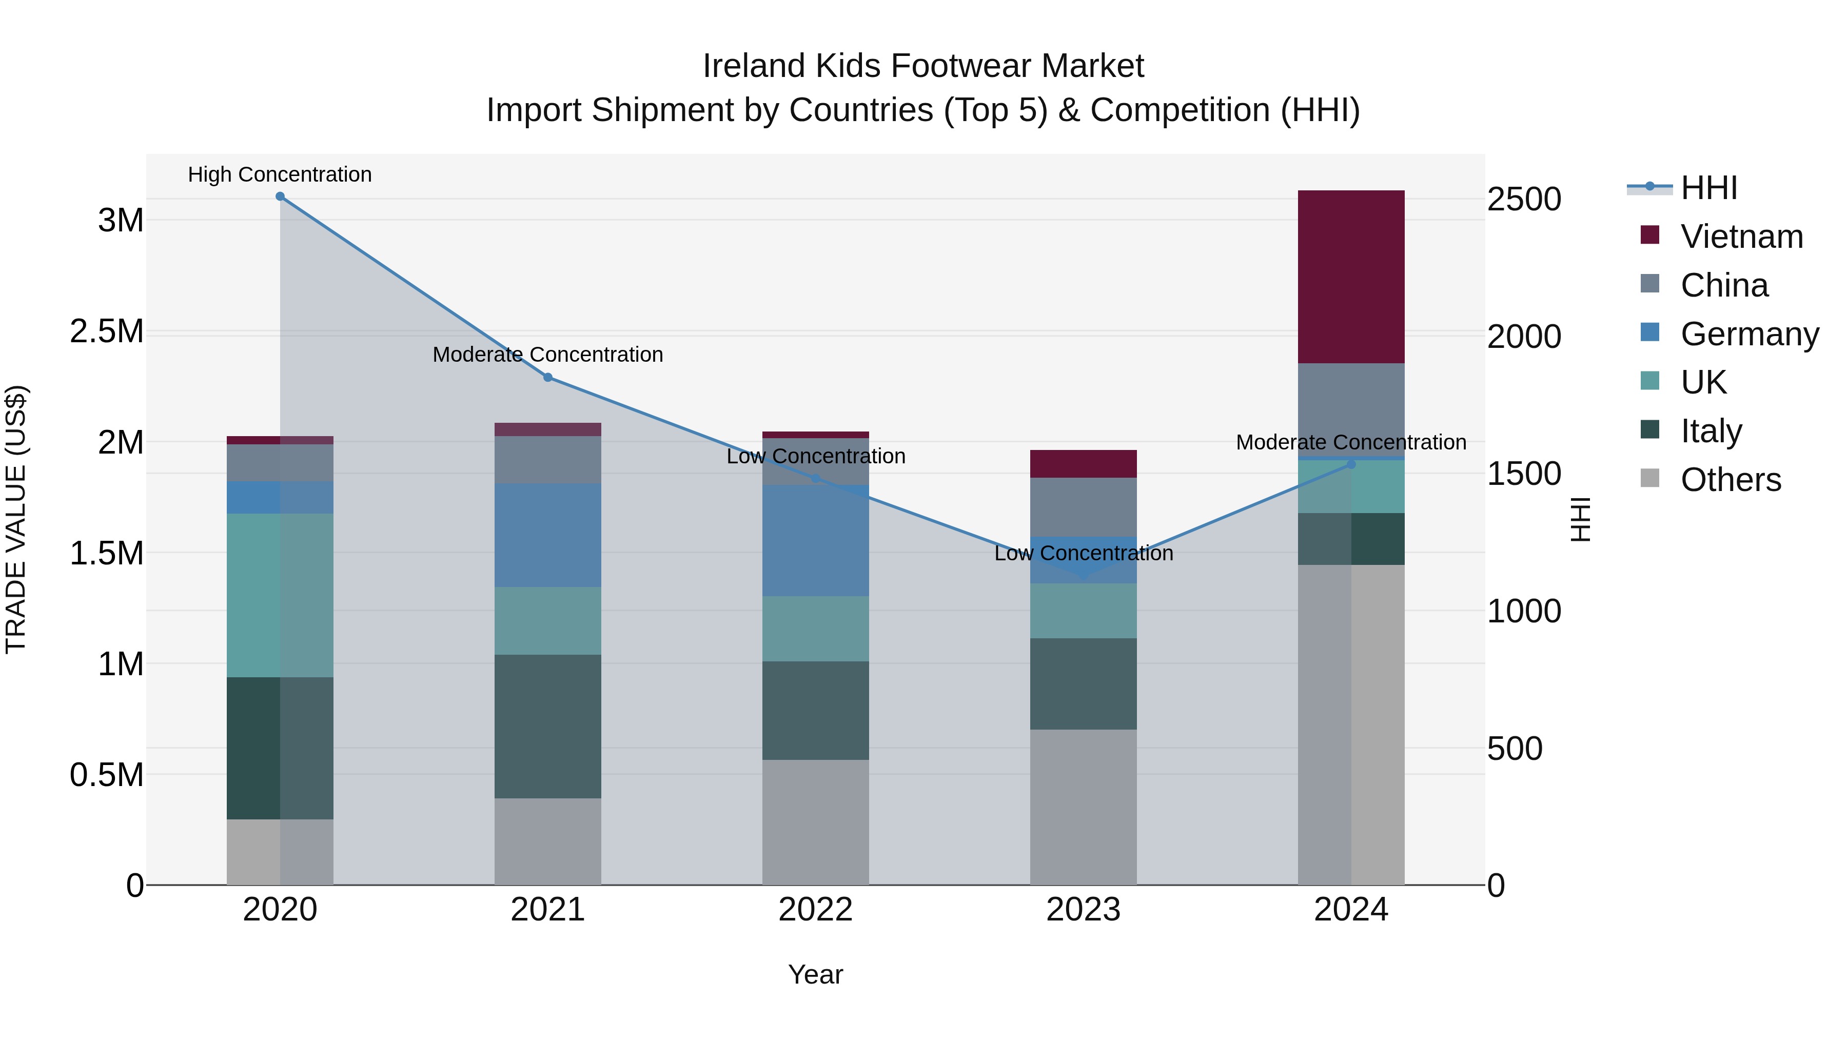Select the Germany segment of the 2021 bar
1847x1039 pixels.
click(548, 535)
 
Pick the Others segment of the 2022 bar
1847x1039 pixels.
click(815, 822)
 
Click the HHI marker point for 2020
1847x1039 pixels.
click(280, 197)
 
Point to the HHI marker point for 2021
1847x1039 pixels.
click(548, 377)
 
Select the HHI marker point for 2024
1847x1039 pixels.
click(1351, 464)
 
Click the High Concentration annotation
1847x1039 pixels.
click(280, 174)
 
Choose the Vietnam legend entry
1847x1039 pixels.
click(1741, 237)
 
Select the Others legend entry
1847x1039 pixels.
click(1730, 480)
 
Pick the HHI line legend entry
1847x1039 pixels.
click(1708, 188)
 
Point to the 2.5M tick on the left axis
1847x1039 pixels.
click(106, 331)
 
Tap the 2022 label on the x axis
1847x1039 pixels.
click(815, 910)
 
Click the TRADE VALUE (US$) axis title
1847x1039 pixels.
click(16, 519)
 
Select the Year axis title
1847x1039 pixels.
click(815, 974)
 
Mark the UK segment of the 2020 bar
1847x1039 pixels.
click(280, 595)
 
